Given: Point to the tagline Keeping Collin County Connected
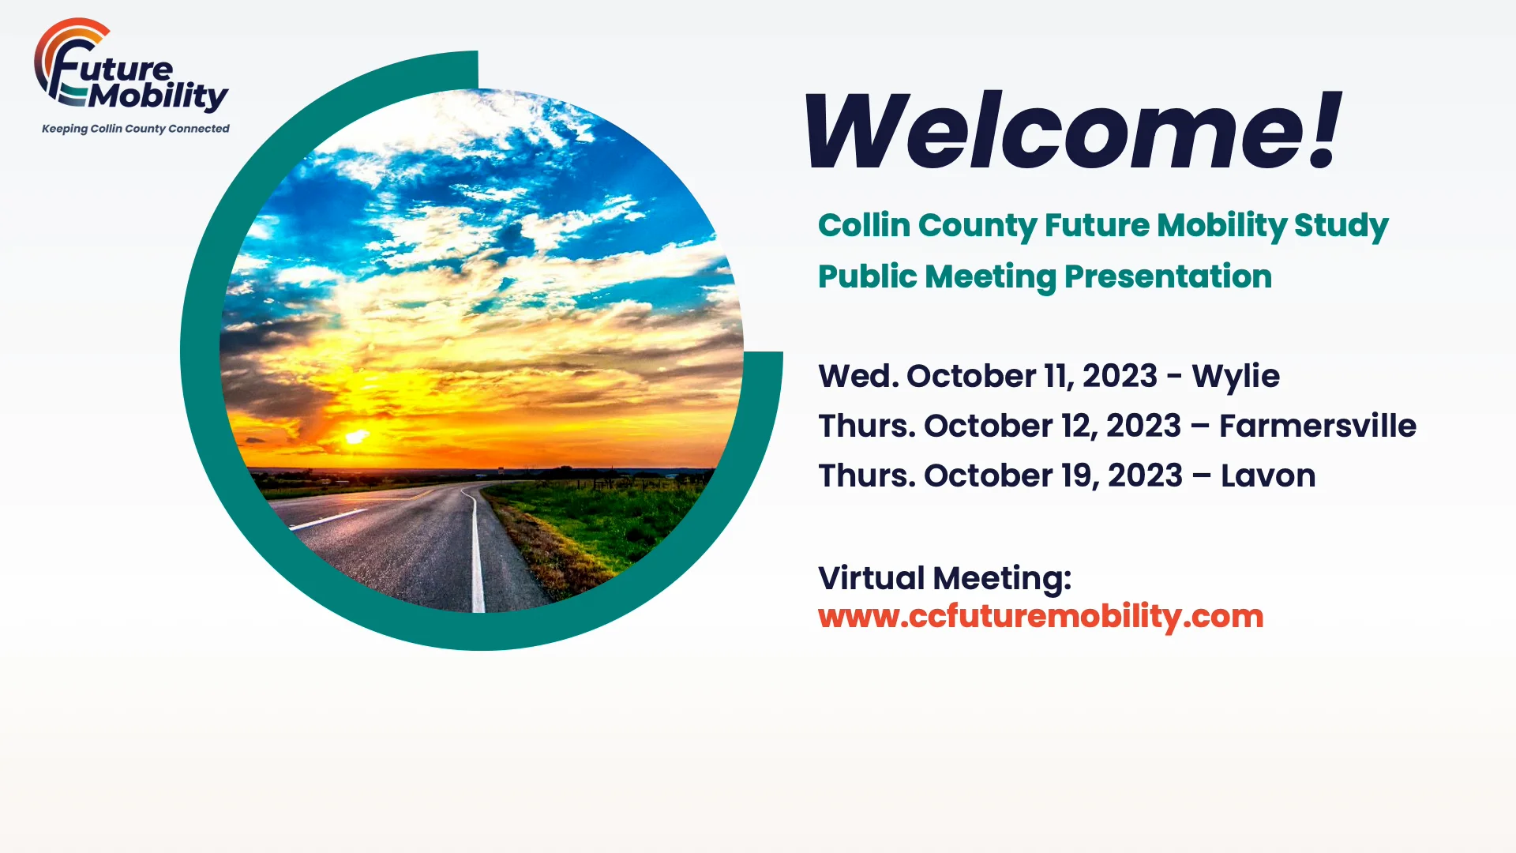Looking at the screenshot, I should (x=135, y=129).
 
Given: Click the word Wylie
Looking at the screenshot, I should (x=1235, y=377).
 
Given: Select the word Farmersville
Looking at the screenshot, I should (x=1317, y=426).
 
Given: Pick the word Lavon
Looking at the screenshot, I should (x=1267, y=476).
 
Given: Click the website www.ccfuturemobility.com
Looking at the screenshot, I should (x=1041, y=617).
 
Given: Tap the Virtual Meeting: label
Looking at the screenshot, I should (x=944, y=578).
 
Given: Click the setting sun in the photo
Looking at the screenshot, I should (x=356, y=436).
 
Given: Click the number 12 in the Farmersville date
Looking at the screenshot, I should (x=1076, y=426).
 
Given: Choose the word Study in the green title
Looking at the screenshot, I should (x=1341, y=226).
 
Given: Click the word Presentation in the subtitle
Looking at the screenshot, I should (x=1168, y=277).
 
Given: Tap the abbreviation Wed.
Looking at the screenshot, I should (x=857, y=377).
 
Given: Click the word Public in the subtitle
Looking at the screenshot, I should (x=866, y=277).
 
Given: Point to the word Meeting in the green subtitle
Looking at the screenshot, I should (x=990, y=277).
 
